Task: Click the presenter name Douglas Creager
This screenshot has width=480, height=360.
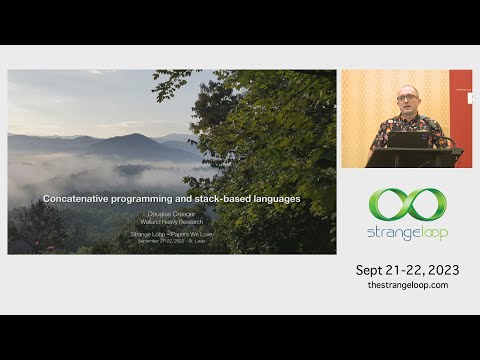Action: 172,214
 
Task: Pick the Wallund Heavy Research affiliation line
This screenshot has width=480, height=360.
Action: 172,221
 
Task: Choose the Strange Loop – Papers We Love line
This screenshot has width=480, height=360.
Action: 172,234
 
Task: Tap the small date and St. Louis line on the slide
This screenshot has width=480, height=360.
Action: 172,241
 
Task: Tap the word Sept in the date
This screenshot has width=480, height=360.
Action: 372,270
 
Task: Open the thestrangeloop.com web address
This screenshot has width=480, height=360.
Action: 407,285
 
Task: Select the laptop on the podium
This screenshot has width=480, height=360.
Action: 409,139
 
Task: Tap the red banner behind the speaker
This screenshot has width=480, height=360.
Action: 460,110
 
